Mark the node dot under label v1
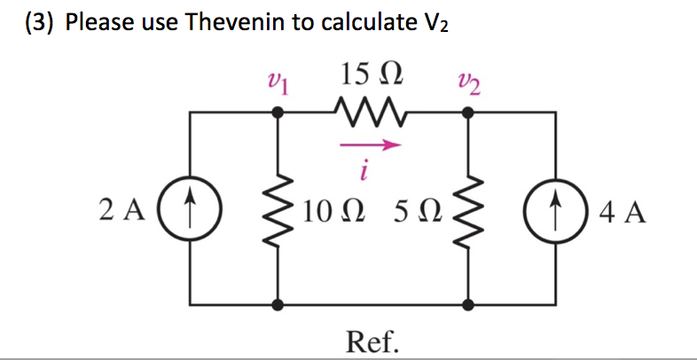click(x=278, y=113)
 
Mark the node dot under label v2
click(x=468, y=113)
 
